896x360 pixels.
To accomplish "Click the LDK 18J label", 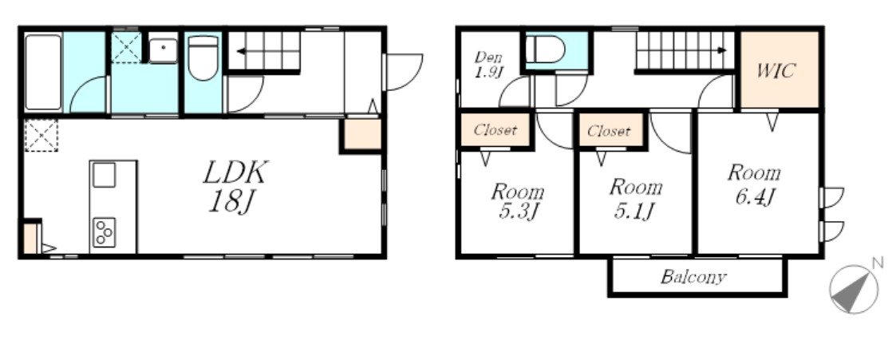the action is click(235, 186).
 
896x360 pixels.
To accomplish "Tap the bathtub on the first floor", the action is click(43, 72).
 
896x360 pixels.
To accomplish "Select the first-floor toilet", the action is click(203, 57).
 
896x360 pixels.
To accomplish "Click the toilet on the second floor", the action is click(545, 49).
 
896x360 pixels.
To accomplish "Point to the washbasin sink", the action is click(163, 51).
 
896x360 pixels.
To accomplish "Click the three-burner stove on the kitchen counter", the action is click(105, 232).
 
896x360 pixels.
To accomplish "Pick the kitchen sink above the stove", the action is click(104, 175).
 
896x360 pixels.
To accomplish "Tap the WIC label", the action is click(776, 71).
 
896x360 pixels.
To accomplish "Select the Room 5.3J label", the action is click(517, 202).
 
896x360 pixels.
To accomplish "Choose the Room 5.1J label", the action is click(634, 198).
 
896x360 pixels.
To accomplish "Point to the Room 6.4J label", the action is click(753, 184).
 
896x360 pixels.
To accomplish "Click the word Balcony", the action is click(693, 277).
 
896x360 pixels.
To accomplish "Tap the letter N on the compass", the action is click(877, 263).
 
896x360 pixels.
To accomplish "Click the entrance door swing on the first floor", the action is click(405, 72).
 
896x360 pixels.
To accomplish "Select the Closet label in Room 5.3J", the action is click(495, 130).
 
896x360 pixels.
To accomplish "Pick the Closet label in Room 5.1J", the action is click(609, 132).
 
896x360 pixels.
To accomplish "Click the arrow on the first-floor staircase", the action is click(269, 51).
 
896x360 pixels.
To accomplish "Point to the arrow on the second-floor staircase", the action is click(684, 50).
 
